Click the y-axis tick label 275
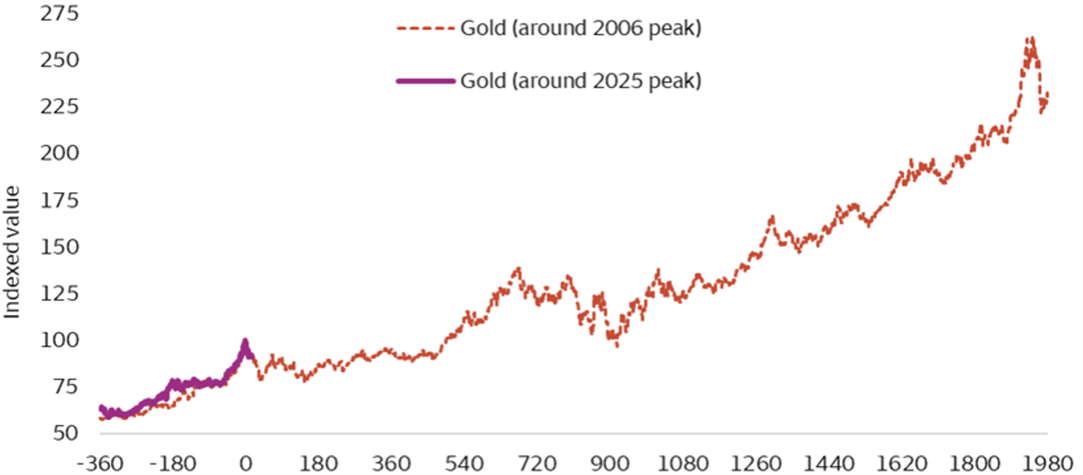click(59, 14)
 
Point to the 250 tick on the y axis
click(59, 60)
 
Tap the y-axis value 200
click(59, 153)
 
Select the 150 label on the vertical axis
click(59, 247)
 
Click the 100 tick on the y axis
click(59, 340)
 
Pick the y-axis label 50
click(65, 433)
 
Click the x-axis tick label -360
click(100, 464)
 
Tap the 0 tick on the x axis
click(246, 464)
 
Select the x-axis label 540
click(464, 464)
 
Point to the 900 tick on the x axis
click(610, 464)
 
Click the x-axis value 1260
click(756, 464)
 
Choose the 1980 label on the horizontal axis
click(1047, 464)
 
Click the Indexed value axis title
click(12, 252)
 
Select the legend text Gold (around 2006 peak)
click(580, 28)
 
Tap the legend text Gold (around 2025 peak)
click(580, 81)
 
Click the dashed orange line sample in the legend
click(425, 29)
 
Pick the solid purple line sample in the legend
click(425, 81)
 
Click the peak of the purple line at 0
click(245, 341)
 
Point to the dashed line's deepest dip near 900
click(617, 346)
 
